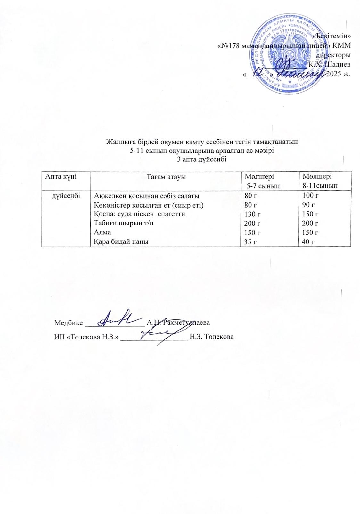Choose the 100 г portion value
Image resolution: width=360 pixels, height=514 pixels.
point(309,195)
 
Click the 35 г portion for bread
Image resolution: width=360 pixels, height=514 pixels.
point(250,241)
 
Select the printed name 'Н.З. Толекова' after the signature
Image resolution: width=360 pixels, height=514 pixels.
point(211,337)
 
